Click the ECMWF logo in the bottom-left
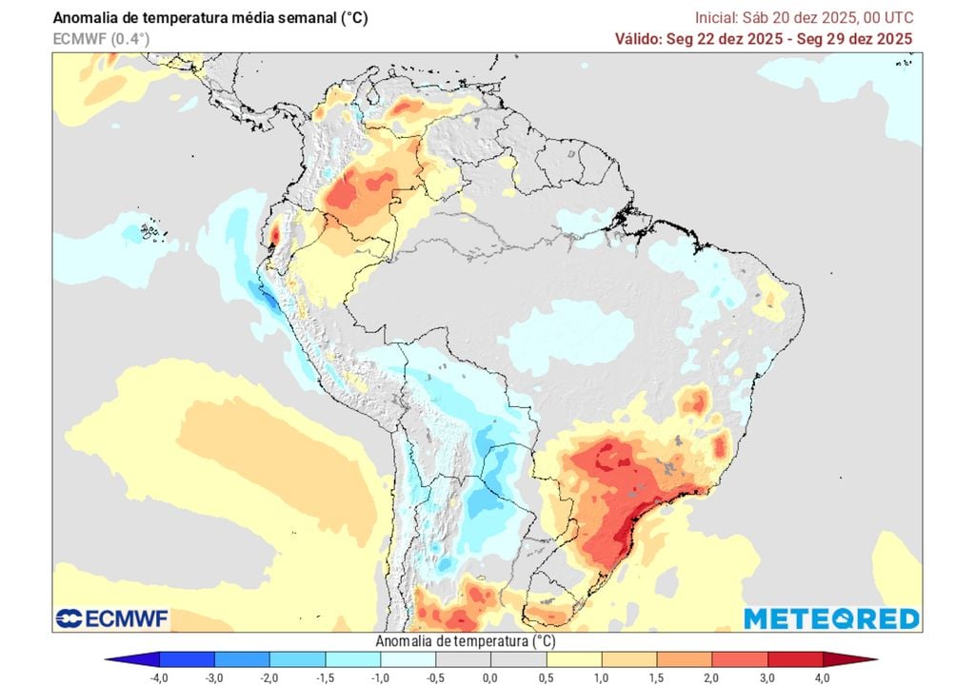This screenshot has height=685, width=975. pyautogui.click(x=111, y=618)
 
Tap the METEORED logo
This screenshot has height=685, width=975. pyautogui.click(x=831, y=618)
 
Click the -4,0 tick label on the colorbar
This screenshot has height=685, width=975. pyautogui.click(x=159, y=676)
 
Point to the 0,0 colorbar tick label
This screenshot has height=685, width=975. pyautogui.click(x=489, y=676)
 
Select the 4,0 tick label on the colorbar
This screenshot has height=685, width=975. pyautogui.click(x=821, y=676)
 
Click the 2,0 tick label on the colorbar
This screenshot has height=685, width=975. pyautogui.click(x=710, y=676)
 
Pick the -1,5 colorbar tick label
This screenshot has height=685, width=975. pyautogui.click(x=325, y=676)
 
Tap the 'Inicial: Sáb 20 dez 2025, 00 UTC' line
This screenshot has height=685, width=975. pyautogui.click(x=805, y=17)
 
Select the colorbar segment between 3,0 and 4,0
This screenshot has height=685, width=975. pyautogui.click(x=793, y=658)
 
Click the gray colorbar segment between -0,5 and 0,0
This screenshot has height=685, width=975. pyautogui.click(x=462, y=658)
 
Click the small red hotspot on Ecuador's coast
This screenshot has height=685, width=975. pyautogui.click(x=275, y=231)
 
